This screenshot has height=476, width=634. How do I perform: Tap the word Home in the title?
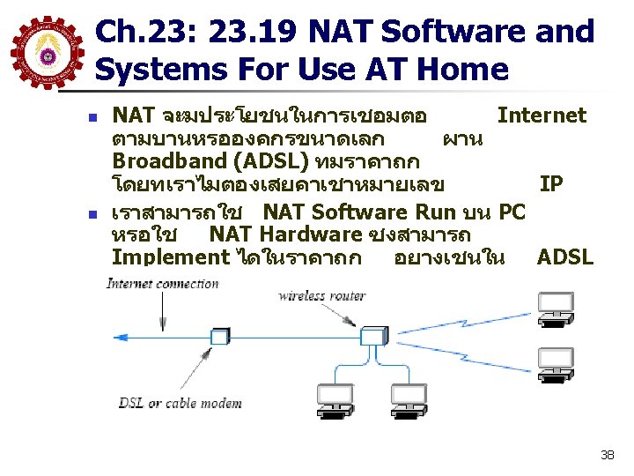[465, 69]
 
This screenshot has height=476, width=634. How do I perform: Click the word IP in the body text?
[551, 184]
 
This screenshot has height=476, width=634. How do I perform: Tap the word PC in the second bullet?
[512, 212]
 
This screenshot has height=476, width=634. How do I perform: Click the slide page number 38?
[607, 455]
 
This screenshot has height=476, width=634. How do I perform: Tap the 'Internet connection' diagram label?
[162, 283]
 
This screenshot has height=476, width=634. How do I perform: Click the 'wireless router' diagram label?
[321, 295]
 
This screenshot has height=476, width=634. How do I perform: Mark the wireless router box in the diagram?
[372, 335]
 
